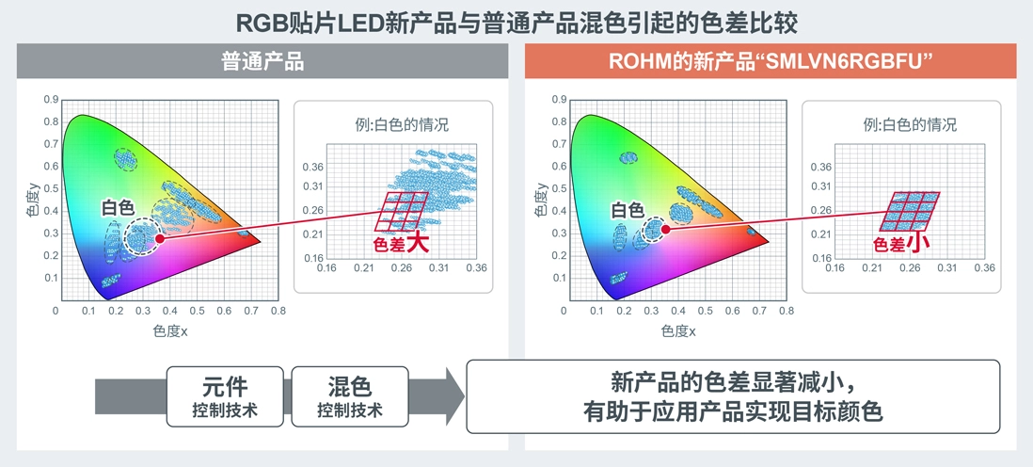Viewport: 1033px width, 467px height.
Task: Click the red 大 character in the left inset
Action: [418, 242]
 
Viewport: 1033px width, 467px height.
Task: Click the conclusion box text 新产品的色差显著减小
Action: [733, 384]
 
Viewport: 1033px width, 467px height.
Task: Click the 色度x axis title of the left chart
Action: [170, 330]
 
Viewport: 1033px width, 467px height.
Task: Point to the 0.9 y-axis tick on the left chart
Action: [50, 99]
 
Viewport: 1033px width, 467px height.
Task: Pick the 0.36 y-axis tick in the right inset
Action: [820, 167]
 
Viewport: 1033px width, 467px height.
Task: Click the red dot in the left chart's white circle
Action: [160, 239]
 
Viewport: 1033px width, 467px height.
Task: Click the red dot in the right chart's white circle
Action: [666, 228]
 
